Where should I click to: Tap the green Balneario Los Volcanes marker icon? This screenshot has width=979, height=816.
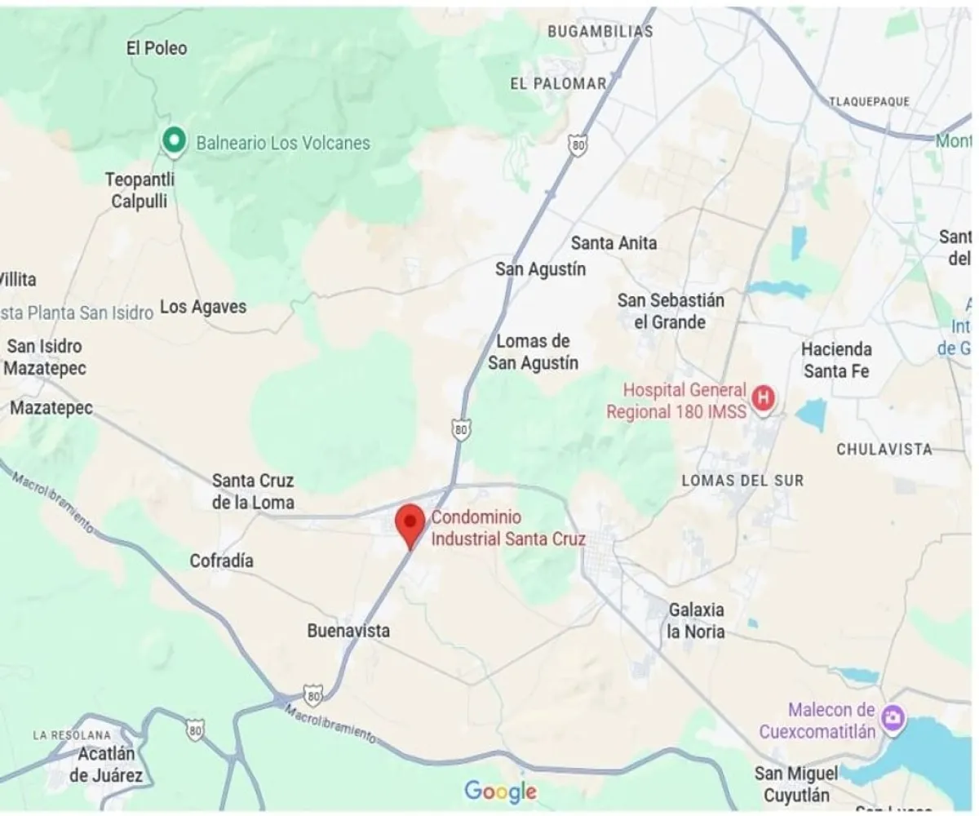click(x=172, y=142)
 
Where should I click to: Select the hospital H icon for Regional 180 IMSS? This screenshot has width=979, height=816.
click(x=764, y=398)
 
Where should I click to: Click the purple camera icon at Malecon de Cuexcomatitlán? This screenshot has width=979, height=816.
click(x=895, y=718)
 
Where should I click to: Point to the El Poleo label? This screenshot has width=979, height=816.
click(x=157, y=48)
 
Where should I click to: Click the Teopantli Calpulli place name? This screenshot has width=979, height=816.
click(x=140, y=190)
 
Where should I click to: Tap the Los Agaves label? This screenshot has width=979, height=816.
click(x=203, y=308)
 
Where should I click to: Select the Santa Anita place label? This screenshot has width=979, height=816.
click(x=614, y=242)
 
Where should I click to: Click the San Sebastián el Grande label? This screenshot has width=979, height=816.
click(x=671, y=311)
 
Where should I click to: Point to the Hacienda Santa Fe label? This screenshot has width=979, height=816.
click(x=836, y=360)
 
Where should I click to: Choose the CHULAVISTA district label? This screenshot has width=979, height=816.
click(x=884, y=450)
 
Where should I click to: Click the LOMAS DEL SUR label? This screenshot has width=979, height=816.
click(x=742, y=481)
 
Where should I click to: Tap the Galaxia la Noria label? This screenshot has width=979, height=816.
click(x=696, y=620)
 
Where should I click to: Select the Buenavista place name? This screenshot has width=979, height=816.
click(x=348, y=631)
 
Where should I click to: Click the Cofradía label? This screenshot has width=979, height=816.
click(x=221, y=561)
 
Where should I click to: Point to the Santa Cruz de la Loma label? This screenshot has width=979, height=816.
click(x=253, y=491)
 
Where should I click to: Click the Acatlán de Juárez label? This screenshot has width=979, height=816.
click(x=106, y=765)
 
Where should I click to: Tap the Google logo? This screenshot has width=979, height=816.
click(x=500, y=791)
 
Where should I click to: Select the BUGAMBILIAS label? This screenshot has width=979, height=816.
click(x=600, y=32)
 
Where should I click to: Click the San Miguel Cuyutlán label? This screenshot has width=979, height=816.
click(x=795, y=783)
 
